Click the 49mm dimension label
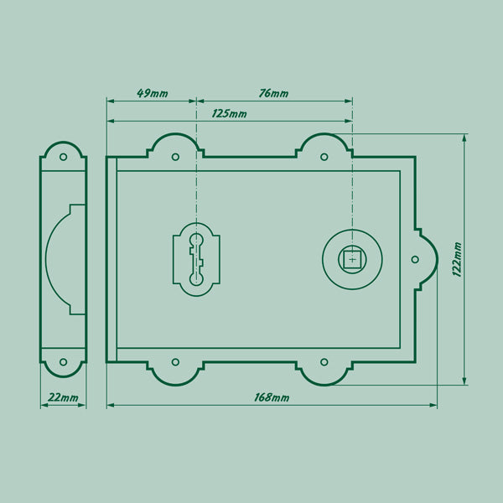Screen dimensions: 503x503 153,93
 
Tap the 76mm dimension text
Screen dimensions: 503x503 273,93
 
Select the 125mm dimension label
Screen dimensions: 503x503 230,113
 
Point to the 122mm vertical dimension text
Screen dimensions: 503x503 457,259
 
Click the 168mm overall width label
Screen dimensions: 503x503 272,397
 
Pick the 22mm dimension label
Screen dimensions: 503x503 63,397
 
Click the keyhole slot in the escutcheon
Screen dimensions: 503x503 196,259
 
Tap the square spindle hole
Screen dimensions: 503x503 352,259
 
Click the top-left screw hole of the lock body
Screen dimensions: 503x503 175,157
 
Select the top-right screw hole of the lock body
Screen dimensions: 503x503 324,157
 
